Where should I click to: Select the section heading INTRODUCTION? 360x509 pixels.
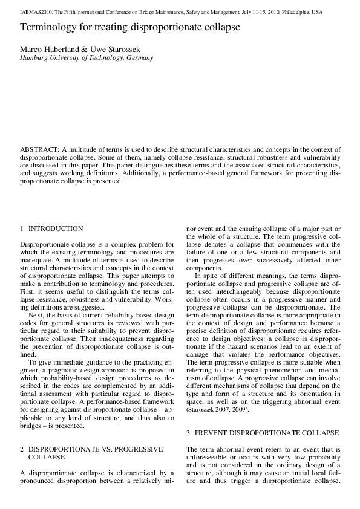[x=56, y=229]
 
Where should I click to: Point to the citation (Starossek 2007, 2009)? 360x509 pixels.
[x=218, y=410]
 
